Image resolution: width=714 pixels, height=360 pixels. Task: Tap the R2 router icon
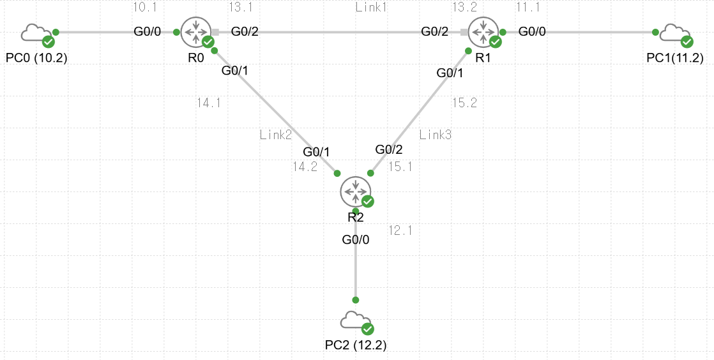[x=356, y=191]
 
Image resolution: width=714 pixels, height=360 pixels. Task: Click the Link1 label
[x=372, y=7]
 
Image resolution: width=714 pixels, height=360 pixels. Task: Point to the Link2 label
[x=276, y=135]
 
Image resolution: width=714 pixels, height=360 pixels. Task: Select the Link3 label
[x=436, y=135]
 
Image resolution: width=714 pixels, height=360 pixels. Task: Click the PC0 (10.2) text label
[x=36, y=58]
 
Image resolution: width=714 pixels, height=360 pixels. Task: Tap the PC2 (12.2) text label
[x=356, y=345]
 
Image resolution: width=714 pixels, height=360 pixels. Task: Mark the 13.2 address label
[x=464, y=7]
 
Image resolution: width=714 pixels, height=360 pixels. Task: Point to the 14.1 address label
[x=209, y=103]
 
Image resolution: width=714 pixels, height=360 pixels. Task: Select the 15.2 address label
[x=464, y=103]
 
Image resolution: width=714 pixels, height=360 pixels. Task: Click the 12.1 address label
[x=400, y=230]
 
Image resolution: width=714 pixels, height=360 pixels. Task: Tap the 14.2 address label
[x=305, y=167]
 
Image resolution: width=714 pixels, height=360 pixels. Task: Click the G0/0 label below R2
[x=356, y=239]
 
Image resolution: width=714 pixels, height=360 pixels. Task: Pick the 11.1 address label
[x=528, y=7]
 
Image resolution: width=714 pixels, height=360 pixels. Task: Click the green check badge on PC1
[x=687, y=42]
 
